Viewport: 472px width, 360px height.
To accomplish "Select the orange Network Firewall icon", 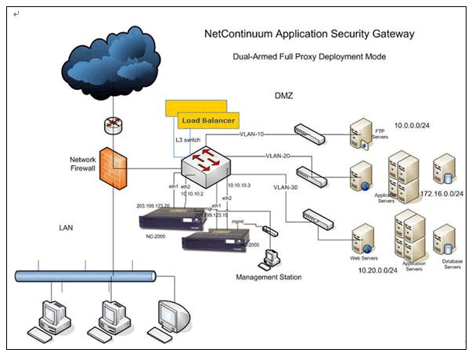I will click(x=112, y=165).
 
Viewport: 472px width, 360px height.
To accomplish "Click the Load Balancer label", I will click(x=207, y=120).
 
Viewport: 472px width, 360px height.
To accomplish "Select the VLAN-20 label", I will click(x=278, y=156).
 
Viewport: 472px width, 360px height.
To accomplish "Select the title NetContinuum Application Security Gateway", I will click(x=309, y=34).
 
